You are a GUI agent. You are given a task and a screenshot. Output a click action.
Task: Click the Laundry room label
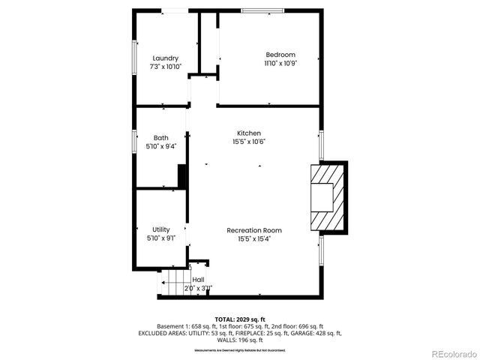tap(165, 58)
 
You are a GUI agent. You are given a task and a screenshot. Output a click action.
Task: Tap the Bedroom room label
tap(280, 55)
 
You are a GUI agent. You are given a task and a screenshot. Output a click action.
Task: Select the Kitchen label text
tap(249, 133)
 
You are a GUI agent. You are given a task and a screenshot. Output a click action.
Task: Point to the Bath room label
tap(160, 138)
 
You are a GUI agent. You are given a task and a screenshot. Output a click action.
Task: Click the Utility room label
tap(160, 229)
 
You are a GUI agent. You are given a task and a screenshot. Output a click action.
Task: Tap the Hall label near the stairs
tap(198, 280)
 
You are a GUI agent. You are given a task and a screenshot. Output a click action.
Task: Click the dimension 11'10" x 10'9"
tap(280, 64)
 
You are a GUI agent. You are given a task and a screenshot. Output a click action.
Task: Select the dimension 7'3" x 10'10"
tap(165, 67)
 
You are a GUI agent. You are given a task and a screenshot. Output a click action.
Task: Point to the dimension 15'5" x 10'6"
tap(249, 142)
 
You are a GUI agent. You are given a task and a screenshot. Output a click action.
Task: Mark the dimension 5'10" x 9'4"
tap(160, 147)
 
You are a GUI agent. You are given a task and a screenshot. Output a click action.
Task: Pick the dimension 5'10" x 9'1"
tap(160, 238)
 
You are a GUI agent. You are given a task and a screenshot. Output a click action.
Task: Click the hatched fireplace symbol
tap(327, 197)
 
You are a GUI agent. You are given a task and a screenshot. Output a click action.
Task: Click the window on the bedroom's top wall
tap(262, 10)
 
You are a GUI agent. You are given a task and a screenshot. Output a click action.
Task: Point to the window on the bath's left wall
tap(134, 141)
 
